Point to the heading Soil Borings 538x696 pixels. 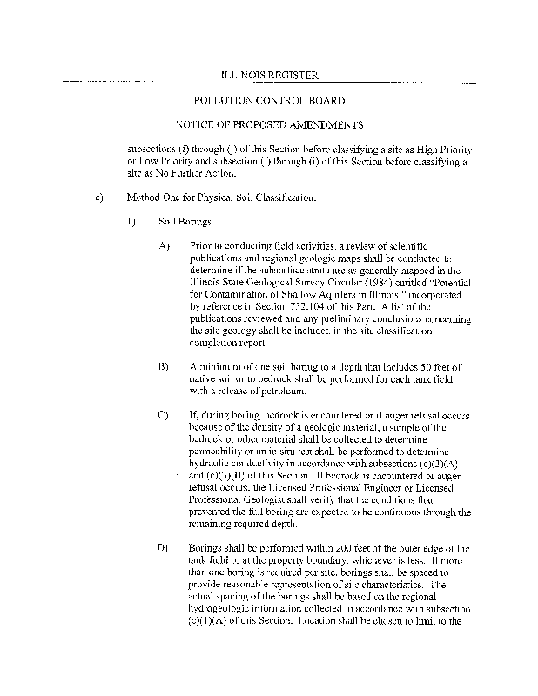[x=178, y=222]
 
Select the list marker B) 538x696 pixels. [x=163, y=367]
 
